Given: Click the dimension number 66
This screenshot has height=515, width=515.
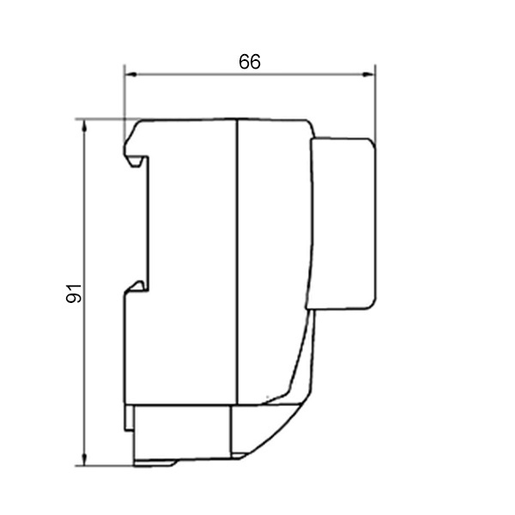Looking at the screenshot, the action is coord(250,62).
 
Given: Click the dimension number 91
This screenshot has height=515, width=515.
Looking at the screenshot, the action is coord(74,294).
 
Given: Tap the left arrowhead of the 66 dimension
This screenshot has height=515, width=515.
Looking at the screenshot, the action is coord(131,75).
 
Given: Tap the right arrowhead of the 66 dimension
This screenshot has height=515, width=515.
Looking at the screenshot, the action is coord(368,75).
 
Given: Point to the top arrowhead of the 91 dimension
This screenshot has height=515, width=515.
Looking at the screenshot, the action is coord(85,126).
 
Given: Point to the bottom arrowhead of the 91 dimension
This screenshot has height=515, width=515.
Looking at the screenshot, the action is coord(85,459).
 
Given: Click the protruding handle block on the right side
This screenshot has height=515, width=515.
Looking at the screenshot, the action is coord(342,224).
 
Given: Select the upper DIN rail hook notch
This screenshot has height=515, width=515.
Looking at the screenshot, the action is coord(135,161).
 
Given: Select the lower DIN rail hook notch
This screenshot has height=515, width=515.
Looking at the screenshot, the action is coord(136,286).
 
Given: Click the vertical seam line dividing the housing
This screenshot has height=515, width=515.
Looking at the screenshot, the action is coord(237,262).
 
